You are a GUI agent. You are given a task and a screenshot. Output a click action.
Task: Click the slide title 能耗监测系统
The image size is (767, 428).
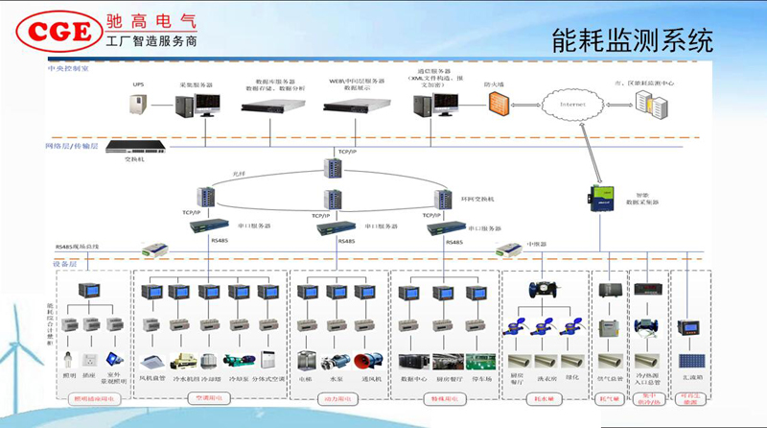click(x=634, y=39)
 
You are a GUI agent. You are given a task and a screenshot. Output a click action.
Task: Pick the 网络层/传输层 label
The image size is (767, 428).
click(x=72, y=145)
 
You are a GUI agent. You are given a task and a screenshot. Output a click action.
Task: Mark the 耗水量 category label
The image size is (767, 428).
click(x=546, y=395)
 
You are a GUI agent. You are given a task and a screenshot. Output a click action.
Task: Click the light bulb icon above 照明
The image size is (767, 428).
click(x=69, y=359)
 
